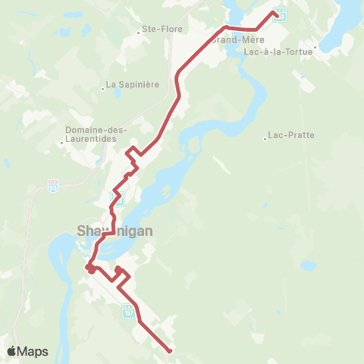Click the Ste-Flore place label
pos(159,31)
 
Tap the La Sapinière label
pos(133,84)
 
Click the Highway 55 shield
pos(53,185)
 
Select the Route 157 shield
pos(127,310)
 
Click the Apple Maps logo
pos(27,351)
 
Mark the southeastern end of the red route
pos(169,350)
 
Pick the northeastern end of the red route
pos(274,12)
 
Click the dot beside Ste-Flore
pos(143,31)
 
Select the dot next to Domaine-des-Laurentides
pos(62,141)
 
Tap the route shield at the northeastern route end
pos(281,14)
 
